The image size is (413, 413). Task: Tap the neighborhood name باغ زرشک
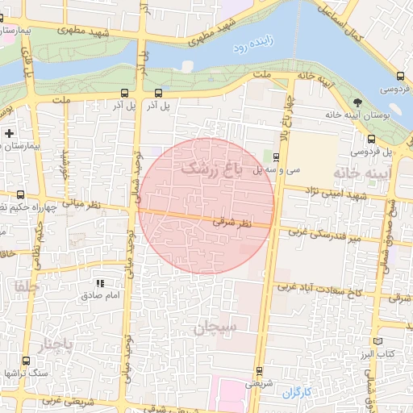(211, 168)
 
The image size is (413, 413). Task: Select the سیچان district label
(217, 327)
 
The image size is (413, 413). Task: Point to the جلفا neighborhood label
(26, 286)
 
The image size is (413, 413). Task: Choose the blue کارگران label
(296, 392)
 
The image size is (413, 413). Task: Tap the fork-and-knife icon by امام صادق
(101, 283)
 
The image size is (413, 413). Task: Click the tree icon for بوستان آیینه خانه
(358, 101)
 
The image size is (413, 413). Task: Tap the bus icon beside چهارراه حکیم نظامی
(20, 194)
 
